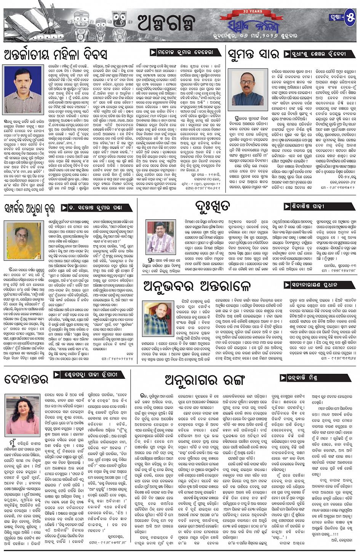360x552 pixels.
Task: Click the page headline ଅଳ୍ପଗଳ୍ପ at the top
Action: [165, 22]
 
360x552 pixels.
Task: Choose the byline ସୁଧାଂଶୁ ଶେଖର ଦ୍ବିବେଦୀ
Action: [320, 54]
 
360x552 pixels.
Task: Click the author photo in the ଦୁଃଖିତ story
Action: [160, 237]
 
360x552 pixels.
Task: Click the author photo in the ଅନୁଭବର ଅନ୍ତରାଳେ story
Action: [158, 318]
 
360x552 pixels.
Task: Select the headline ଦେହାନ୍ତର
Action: [26, 379]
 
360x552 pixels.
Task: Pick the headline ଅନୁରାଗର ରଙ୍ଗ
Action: [205, 379]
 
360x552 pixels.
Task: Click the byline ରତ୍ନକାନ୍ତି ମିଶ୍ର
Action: [305, 378]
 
